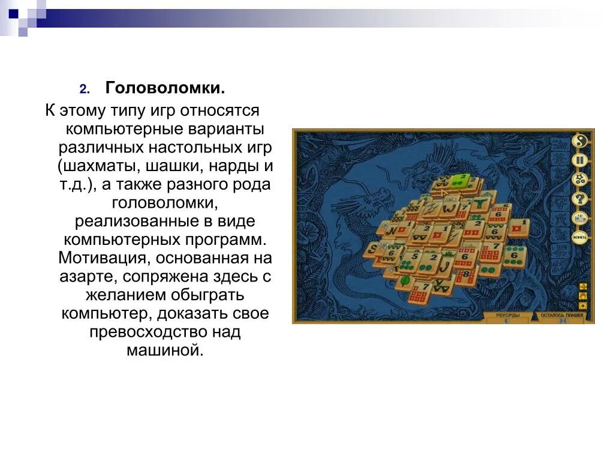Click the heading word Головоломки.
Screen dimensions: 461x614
165,88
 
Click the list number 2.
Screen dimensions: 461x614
85,89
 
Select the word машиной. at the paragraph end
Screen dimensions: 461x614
165,351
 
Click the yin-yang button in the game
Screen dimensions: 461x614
580,142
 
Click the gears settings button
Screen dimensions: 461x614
580,179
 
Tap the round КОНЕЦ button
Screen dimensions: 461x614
580,237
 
